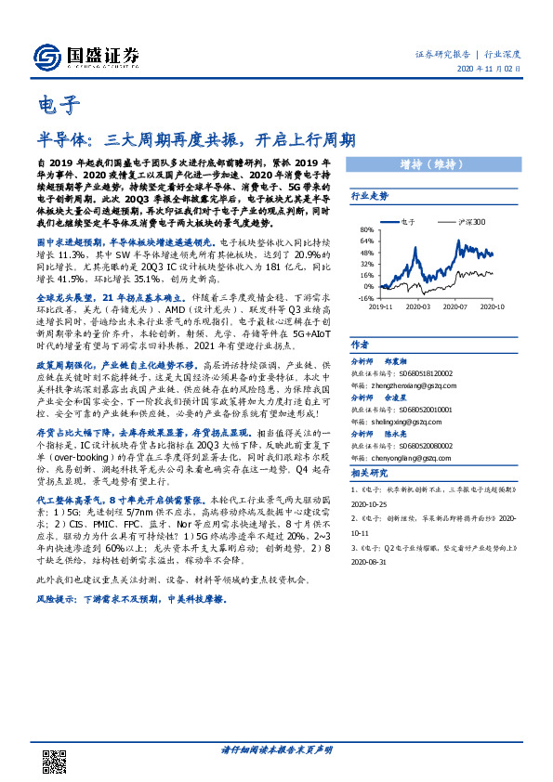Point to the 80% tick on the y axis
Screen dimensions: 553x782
pos(365,228)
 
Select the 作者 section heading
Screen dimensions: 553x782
pos(359,343)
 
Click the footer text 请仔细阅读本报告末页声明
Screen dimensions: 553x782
pos(276,749)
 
